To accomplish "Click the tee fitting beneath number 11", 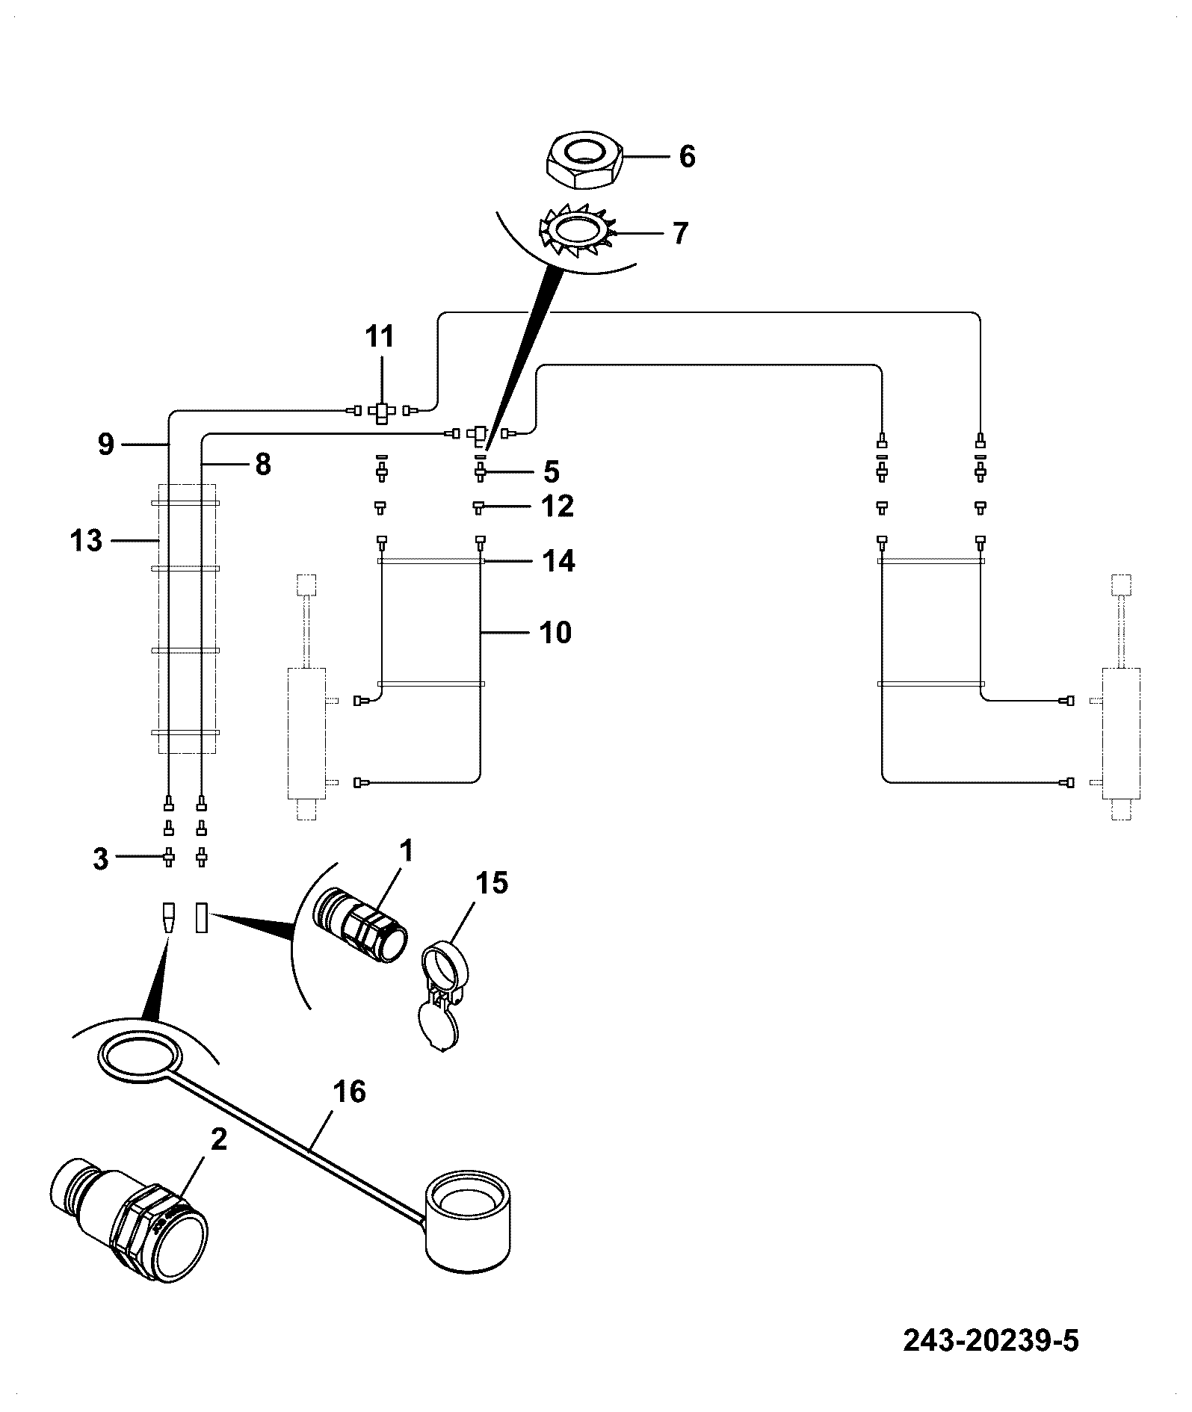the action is tap(381, 412).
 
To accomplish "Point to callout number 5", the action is tap(551, 471).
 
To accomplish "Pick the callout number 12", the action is tap(558, 506).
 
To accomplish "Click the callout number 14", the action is tap(558, 561).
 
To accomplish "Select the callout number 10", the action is tap(555, 632).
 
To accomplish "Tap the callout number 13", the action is tap(86, 539).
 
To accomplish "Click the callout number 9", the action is tap(106, 445).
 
